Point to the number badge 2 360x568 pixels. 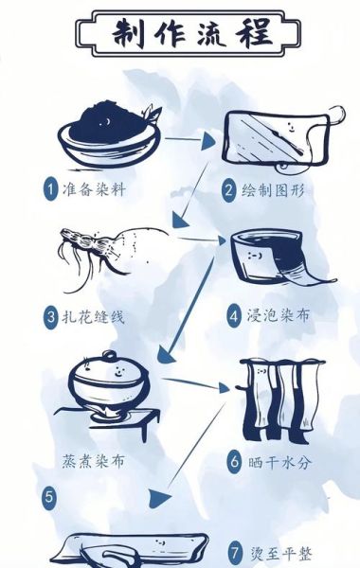coord(229,189)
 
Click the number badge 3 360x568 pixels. coord(51,315)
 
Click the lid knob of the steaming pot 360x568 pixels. coord(111,358)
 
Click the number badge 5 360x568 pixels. coord(49,494)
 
